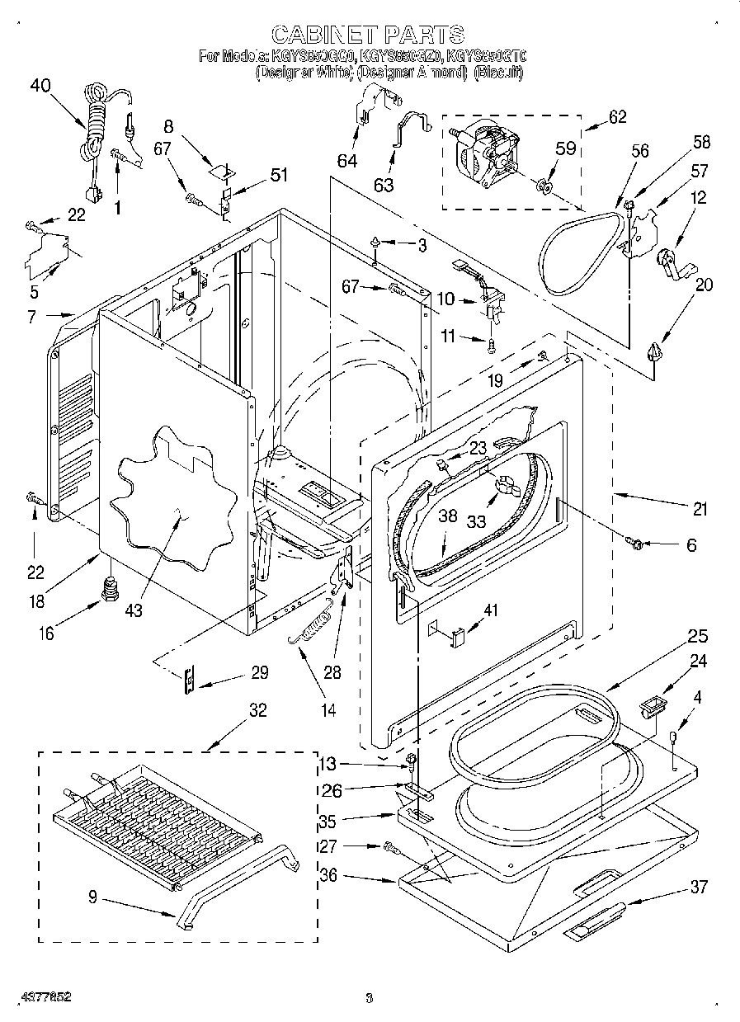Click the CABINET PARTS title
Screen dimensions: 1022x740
point(368,34)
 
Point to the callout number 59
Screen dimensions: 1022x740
point(565,150)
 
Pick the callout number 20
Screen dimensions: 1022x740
point(704,285)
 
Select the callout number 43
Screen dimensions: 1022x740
point(134,610)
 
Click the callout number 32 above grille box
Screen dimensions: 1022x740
point(257,711)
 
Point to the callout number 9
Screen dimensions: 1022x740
point(92,898)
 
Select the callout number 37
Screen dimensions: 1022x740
point(699,888)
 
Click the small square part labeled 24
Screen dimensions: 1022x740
point(651,707)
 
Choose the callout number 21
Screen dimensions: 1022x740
point(700,510)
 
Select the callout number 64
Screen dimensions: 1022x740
point(347,161)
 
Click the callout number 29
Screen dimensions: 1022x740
point(259,673)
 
